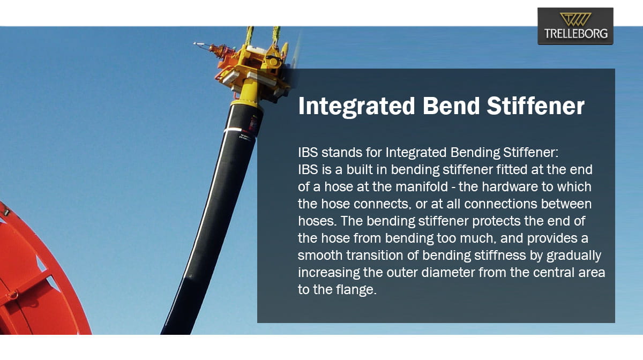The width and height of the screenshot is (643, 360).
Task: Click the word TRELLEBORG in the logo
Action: click(x=576, y=34)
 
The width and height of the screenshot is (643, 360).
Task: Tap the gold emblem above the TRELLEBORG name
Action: click(x=575, y=19)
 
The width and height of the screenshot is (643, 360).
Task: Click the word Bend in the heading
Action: click(x=451, y=106)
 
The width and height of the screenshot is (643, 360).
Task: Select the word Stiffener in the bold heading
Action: click(x=535, y=106)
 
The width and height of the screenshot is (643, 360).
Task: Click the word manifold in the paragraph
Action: click(x=422, y=186)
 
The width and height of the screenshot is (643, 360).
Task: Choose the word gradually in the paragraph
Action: click(x=574, y=256)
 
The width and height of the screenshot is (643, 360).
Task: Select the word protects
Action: click(x=496, y=221)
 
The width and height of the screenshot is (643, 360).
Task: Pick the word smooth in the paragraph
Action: click(x=320, y=255)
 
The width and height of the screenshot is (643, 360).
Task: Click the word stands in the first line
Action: click(x=342, y=152)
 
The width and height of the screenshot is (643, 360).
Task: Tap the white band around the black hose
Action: click(x=232, y=130)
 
